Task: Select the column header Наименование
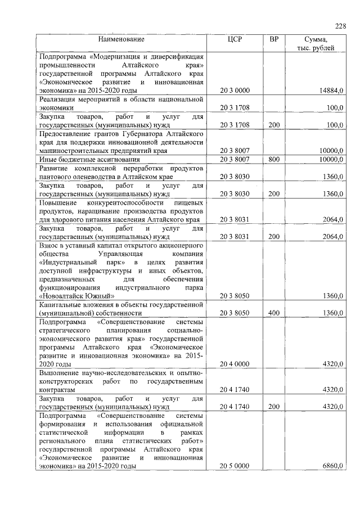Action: pyautogui.click(x=121, y=39)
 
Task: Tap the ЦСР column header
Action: pyautogui.click(x=234, y=39)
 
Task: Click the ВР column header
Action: pyautogui.click(x=274, y=39)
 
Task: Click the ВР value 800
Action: pyautogui.click(x=274, y=160)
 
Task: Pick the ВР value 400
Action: pyautogui.click(x=274, y=313)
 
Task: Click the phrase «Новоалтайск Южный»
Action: pyautogui.click(x=77, y=296)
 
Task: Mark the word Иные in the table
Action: pyautogui.click(x=47, y=160)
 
